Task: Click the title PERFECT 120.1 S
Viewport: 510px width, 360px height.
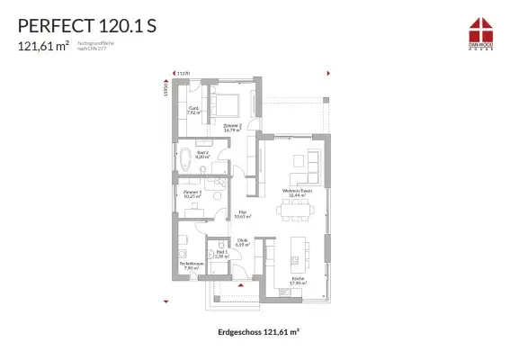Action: (x=85, y=24)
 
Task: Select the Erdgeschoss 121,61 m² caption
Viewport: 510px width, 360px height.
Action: (x=258, y=332)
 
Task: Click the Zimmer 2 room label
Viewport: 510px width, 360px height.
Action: (x=232, y=128)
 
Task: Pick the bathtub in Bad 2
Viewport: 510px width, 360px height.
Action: (x=185, y=162)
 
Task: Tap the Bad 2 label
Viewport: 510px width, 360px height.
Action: (x=202, y=155)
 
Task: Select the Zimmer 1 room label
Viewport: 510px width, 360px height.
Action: (x=192, y=193)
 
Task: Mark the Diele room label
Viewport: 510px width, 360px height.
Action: (x=242, y=242)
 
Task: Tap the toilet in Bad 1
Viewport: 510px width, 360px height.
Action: (x=220, y=245)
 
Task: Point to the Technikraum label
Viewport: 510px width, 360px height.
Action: (x=190, y=266)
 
